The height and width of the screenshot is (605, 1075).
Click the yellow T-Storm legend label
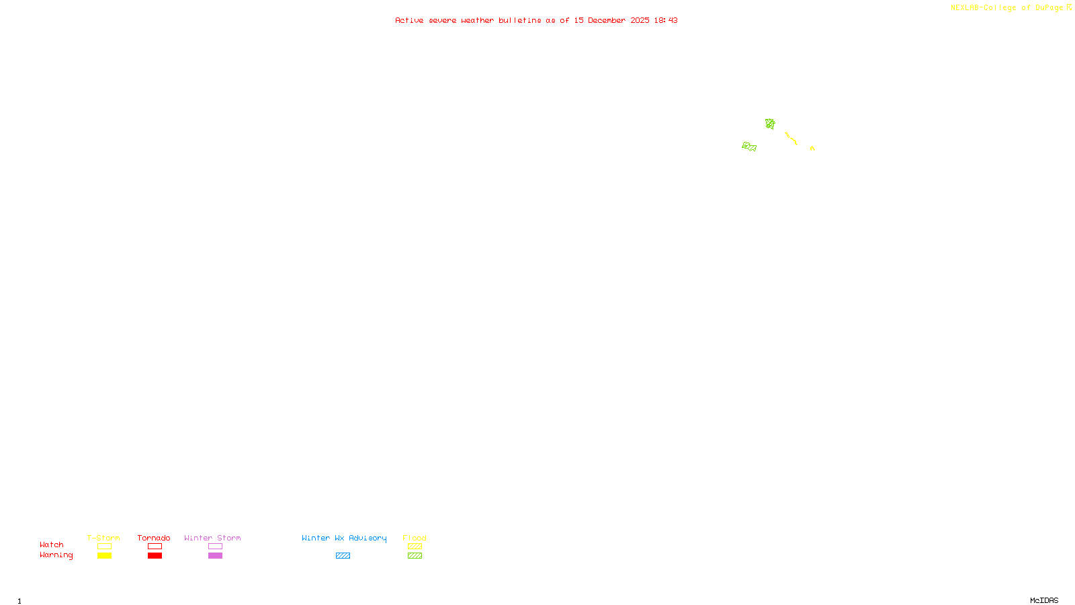pos(103,538)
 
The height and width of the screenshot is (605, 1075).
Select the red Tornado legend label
pos(154,538)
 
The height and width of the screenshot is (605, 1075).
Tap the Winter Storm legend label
pos(212,538)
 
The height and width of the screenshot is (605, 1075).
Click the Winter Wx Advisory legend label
pos(344,538)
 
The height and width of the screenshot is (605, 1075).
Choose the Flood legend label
pos(415,538)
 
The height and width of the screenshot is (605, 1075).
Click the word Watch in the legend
pos(52,544)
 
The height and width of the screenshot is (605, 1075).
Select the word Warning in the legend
pos(56,555)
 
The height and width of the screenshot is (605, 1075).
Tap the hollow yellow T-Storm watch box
pos(104,547)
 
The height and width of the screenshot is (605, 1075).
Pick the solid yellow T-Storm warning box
pos(104,556)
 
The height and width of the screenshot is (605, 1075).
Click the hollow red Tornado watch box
pos(155,547)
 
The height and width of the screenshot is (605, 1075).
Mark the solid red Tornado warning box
pos(155,556)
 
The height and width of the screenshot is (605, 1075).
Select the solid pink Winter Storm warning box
pos(215,556)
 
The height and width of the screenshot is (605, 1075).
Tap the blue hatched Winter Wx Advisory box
pos(343,556)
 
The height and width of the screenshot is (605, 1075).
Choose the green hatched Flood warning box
pos(415,556)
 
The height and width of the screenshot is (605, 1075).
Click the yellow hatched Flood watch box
pos(415,547)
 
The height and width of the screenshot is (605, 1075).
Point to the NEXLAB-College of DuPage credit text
pos(1007,7)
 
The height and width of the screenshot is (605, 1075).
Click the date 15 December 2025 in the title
pos(611,20)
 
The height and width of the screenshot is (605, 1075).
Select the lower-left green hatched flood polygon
pos(749,147)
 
